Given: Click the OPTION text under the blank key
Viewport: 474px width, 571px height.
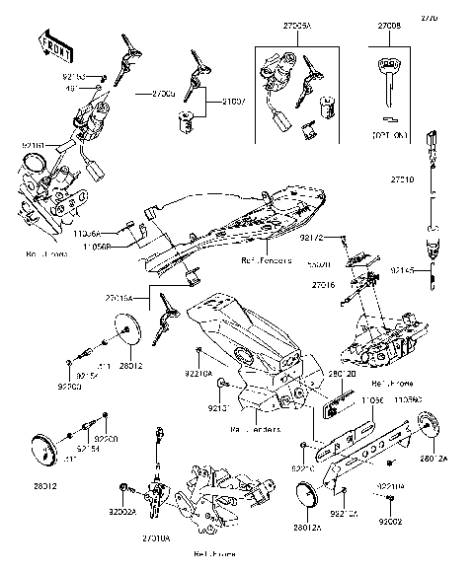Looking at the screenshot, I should pos(389,131).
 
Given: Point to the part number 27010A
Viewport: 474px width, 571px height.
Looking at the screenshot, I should pos(156,538).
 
